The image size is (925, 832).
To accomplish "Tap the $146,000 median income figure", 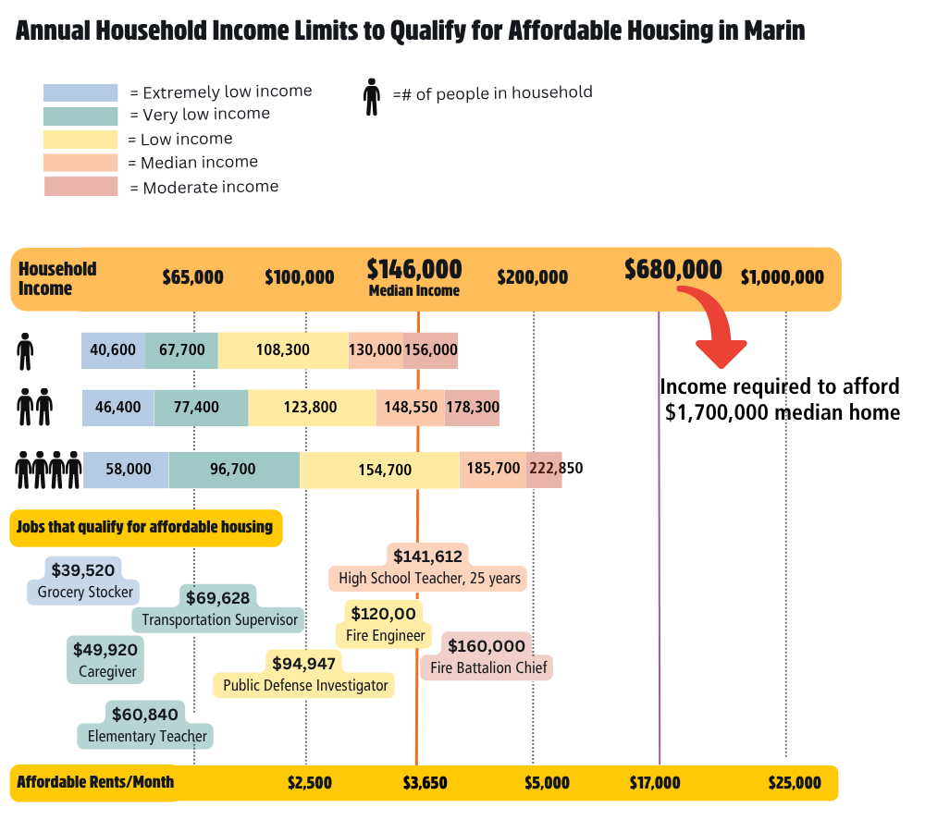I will coord(414,269).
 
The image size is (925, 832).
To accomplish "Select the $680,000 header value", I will coord(672,269).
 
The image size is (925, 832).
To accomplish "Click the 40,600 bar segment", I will coord(113,350).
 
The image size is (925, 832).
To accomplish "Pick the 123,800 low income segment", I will coord(312,407).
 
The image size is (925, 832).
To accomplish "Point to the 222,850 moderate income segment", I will coord(544,469).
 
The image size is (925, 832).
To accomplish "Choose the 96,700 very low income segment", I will coord(233,470).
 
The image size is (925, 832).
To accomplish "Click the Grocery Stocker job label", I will coord(85,592).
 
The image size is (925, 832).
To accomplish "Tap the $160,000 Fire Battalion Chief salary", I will coord(486,646).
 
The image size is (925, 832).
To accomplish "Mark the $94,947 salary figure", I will coord(303,663).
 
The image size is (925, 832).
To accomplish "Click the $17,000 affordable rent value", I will coord(655,783).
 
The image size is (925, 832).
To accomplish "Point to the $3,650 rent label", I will coord(425,783).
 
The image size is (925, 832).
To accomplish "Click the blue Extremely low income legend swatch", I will coord(80,92).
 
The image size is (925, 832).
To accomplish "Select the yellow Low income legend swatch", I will coord(80,140).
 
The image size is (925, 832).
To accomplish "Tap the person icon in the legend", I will coord(372,96).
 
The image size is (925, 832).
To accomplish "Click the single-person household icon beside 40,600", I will coord(25,351).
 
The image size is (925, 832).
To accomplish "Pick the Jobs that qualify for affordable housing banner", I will coord(145,528).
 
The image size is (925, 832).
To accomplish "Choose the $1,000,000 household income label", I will coord(782,277).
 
